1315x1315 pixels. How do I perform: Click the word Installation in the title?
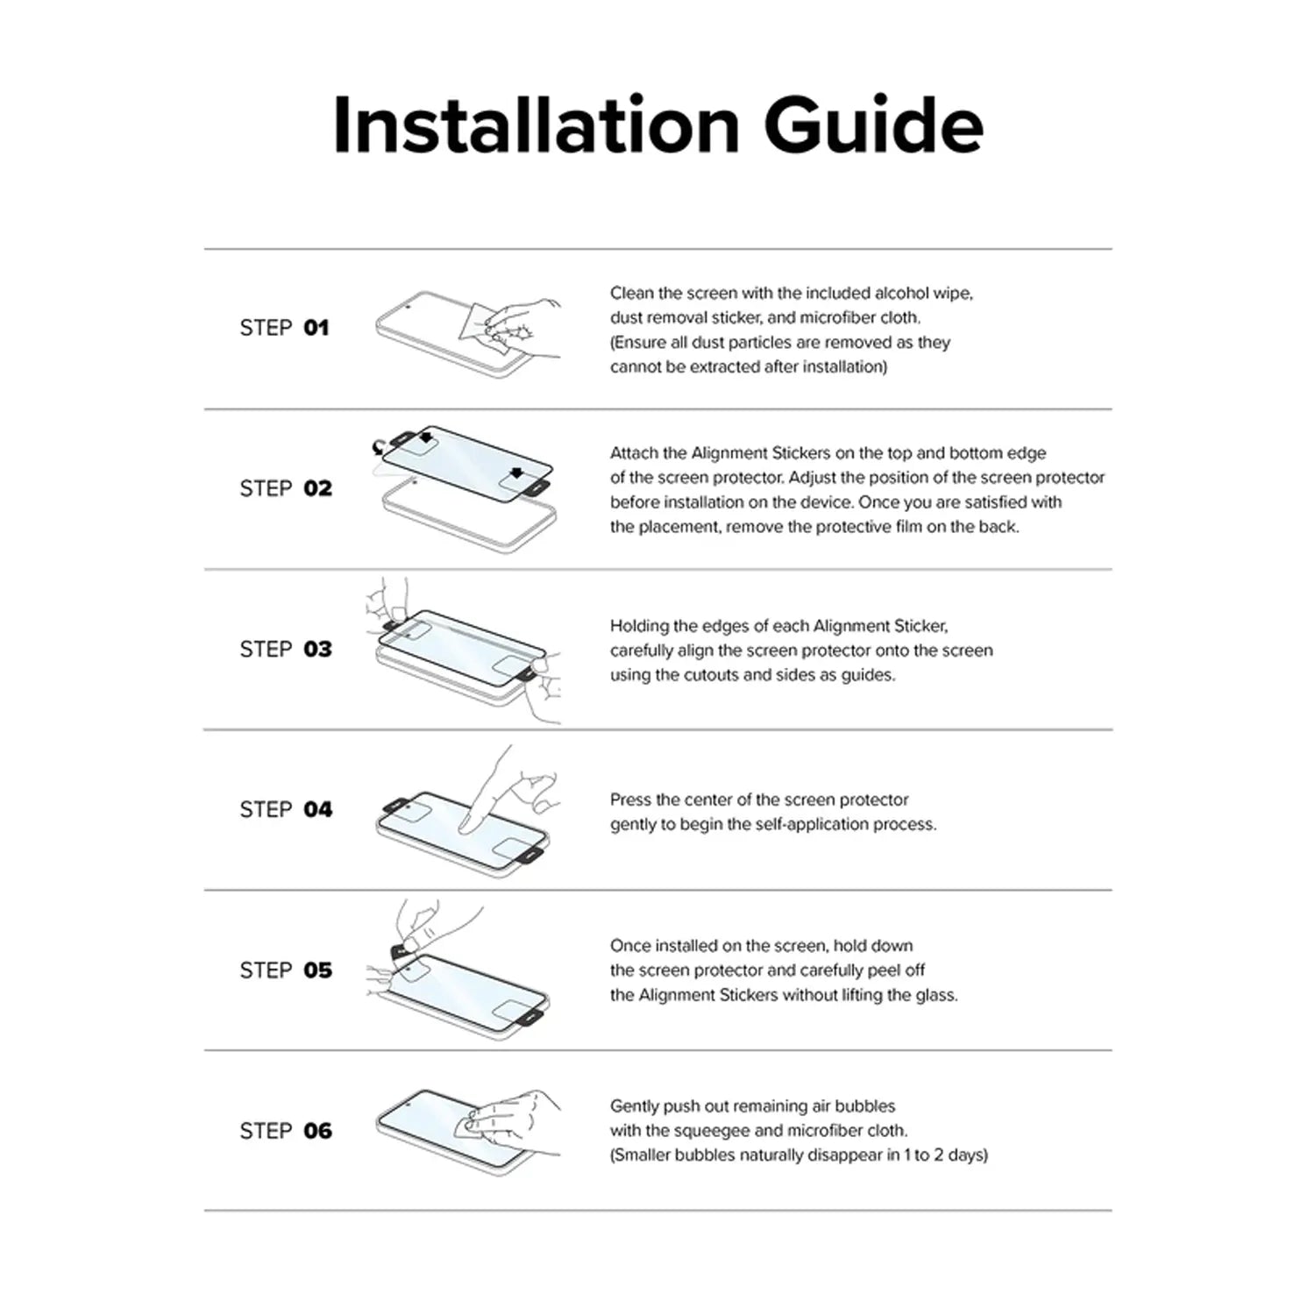[x=537, y=125]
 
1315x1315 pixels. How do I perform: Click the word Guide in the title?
[x=874, y=125]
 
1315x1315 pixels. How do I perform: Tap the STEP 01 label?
[x=284, y=328]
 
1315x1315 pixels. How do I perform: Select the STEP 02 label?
[x=286, y=488]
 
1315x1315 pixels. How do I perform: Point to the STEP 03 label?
[x=286, y=649]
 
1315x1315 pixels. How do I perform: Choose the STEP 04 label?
[x=286, y=809]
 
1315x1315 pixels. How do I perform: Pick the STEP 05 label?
[x=286, y=970]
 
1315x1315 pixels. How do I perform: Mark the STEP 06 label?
[x=286, y=1131]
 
